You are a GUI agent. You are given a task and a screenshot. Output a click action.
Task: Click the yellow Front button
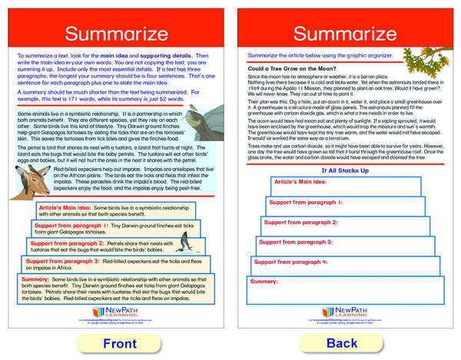(119, 342)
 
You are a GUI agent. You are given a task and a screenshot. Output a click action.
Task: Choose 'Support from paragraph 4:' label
(286, 262)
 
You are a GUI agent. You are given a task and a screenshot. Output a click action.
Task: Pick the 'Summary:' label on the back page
(264, 281)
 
